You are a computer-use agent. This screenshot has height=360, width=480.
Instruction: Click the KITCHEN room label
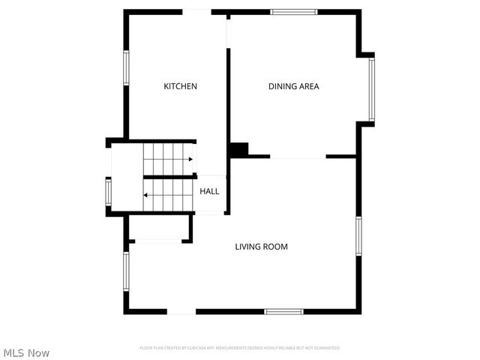pos(181,86)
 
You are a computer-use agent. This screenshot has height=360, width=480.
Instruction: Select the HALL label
pos(209,191)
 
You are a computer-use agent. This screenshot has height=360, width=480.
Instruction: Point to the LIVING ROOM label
pos(262,246)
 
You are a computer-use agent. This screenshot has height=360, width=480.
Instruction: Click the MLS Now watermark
pos(26,352)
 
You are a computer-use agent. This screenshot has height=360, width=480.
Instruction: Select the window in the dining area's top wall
pos(294,12)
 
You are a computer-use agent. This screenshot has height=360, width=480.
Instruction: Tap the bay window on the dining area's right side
pos(371,89)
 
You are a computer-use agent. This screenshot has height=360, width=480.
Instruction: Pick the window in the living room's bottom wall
pos(284,311)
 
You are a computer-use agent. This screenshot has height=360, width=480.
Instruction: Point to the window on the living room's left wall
pos(126,271)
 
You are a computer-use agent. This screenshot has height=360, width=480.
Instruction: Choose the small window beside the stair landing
pos(109,192)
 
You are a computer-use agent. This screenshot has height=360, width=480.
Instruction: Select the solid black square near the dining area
pos(238,150)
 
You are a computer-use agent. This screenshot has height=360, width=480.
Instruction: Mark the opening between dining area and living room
pos(298,157)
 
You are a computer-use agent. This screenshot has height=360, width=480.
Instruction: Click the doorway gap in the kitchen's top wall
pos(197,12)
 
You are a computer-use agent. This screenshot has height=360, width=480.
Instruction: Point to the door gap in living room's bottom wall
pos(181,311)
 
